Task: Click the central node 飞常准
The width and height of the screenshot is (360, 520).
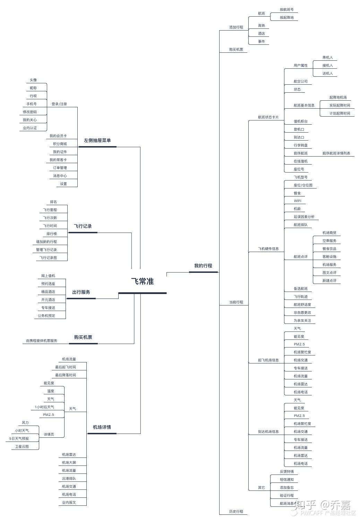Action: point(142,282)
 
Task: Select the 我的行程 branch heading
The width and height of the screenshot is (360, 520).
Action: point(203,266)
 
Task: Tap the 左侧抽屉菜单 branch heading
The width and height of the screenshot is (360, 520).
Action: point(97,141)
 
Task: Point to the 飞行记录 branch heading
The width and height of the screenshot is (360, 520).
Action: point(83,226)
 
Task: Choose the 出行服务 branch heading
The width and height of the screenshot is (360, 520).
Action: point(81,292)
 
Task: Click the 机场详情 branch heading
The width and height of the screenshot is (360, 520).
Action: point(102,427)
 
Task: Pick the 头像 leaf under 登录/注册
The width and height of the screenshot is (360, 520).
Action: point(33,80)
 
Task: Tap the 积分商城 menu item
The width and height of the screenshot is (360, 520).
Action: point(60,144)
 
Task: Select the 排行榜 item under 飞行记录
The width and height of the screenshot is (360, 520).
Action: point(52,234)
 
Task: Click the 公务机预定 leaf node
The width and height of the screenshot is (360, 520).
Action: point(46,316)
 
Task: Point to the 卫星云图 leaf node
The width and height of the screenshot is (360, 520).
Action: point(22,447)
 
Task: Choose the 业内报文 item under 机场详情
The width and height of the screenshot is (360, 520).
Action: point(69,503)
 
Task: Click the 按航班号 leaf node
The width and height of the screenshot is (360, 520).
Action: point(286,10)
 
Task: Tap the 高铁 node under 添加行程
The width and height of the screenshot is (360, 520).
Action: point(261,26)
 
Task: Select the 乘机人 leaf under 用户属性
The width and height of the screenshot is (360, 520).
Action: point(327,58)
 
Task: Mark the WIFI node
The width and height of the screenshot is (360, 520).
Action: point(298,201)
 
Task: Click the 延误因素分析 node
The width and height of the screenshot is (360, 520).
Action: point(304,217)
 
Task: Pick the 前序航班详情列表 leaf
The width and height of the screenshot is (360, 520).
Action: point(336,153)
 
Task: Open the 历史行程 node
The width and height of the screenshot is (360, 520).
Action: point(236,512)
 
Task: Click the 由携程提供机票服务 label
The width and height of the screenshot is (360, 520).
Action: point(42,341)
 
